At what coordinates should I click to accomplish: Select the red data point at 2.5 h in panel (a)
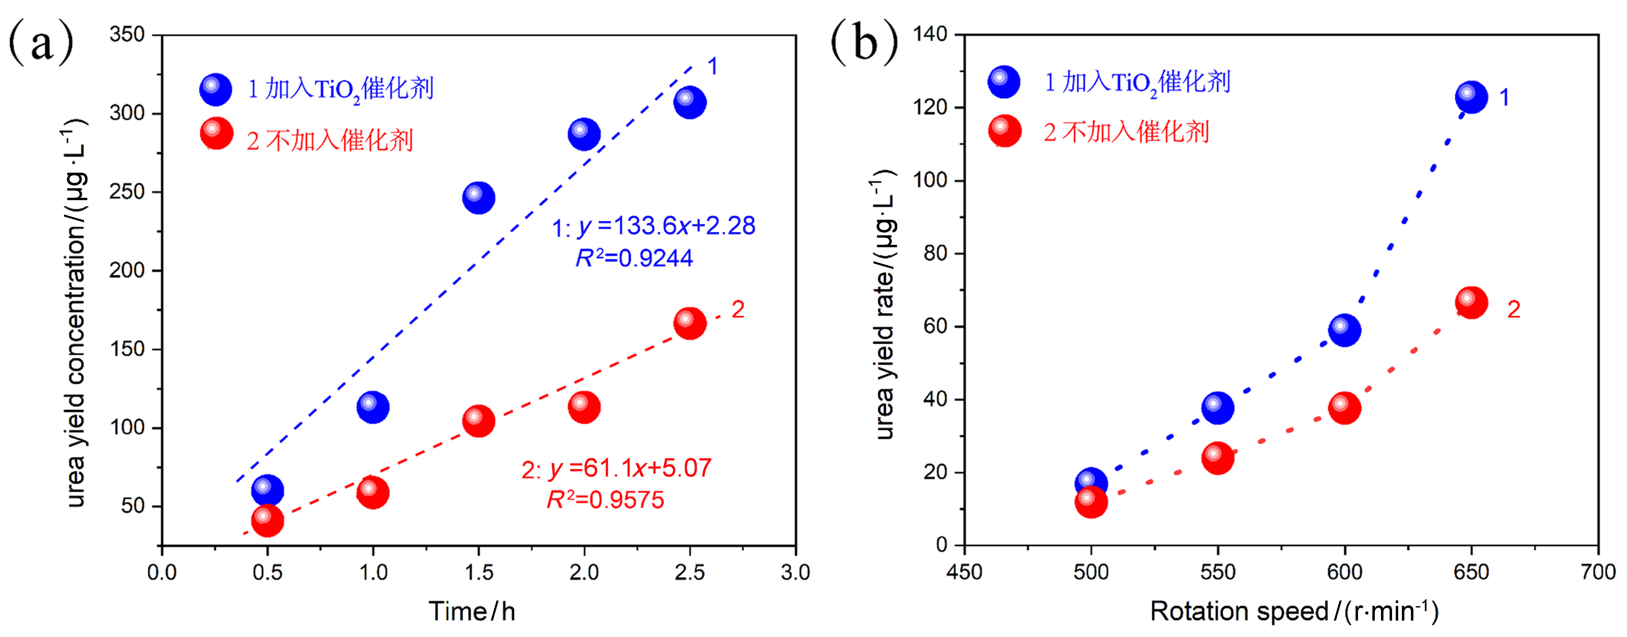tap(689, 324)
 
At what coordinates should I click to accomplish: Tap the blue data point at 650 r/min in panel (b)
tap(1471, 97)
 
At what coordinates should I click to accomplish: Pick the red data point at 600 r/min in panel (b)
tap(1344, 408)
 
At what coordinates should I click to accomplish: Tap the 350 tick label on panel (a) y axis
tap(127, 34)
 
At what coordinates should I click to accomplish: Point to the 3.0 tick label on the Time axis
tap(795, 573)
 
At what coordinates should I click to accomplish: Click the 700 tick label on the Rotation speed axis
tap(1597, 573)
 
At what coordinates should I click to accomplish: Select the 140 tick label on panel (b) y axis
tap(930, 34)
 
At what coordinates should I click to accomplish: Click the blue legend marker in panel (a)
tap(215, 89)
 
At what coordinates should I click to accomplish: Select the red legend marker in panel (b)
tap(1004, 131)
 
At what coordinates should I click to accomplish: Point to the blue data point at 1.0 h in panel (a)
tap(373, 407)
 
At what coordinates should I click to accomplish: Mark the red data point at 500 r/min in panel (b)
tap(1091, 502)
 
